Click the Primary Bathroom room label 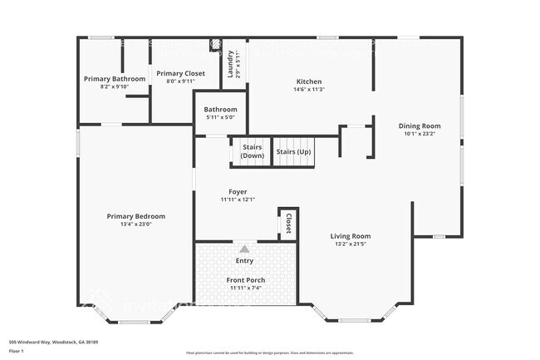click(x=115, y=79)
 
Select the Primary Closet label click(x=180, y=73)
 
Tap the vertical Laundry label click(x=231, y=63)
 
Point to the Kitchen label click(x=309, y=81)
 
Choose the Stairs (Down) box click(x=253, y=151)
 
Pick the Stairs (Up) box click(x=294, y=151)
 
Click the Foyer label click(x=238, y=191)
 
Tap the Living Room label click(x=350, y=235)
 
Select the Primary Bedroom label click(x=135, y=216)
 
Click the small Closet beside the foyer click(x=288, y=224)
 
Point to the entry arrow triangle click(x=244, y=249)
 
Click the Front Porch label click(x=245, y=280)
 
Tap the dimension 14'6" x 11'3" click(x=309, y=90)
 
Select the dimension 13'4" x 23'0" click(x=135, y=224)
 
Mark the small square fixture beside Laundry click(x=214, y=44)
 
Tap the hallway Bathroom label click(x=221, y=109)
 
